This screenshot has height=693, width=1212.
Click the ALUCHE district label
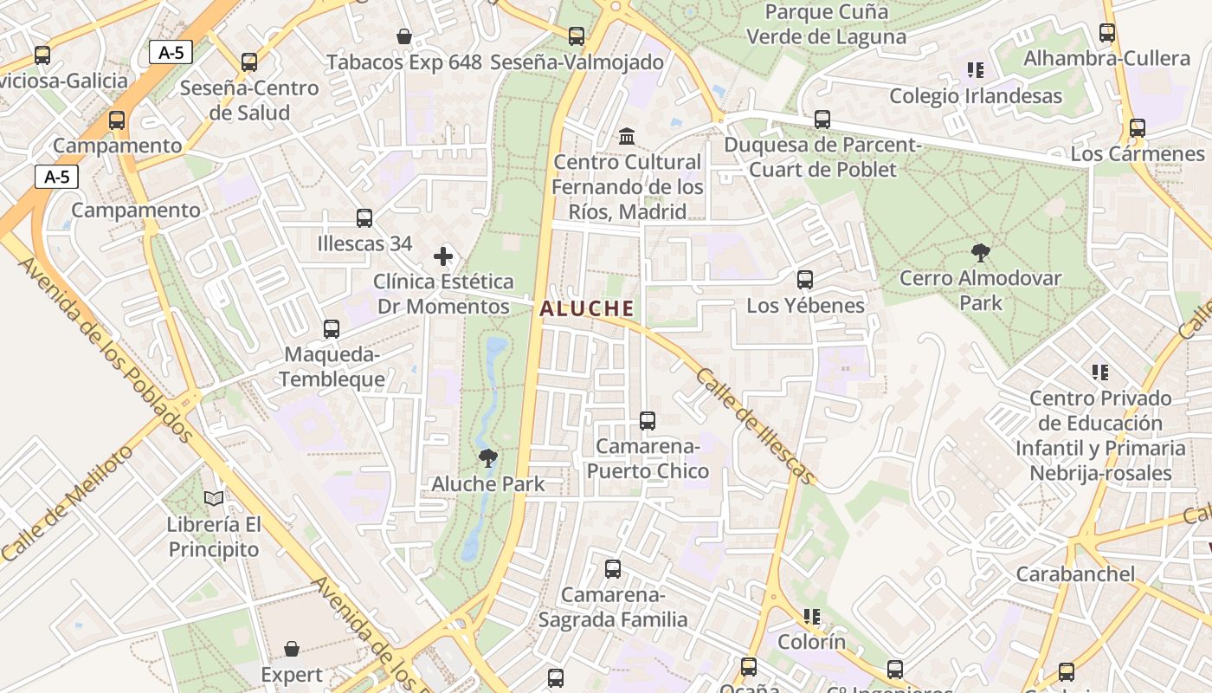tap(587, 308)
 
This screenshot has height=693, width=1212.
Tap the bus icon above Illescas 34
tap(364, 218)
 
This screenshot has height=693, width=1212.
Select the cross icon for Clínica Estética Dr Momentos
tap(443, 256)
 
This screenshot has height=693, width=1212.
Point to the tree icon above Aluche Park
tap(488, 458)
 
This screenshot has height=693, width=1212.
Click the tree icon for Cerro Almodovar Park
tap(981, 253)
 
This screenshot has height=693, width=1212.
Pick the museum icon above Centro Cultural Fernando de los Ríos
tap(627, 137)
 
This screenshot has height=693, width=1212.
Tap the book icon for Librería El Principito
tap(214, 498)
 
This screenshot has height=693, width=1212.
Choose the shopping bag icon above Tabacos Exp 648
tap(404, 36)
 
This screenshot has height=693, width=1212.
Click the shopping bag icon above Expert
tap(292, 649)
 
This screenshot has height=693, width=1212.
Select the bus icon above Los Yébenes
tap(805, 280)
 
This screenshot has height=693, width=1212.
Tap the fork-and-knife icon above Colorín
tap(811, 617)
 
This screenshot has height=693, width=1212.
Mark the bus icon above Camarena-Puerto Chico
tap(648, 421)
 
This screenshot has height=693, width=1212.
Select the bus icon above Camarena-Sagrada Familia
tap(613, 569)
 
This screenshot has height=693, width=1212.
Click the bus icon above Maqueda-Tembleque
tap(332, 329)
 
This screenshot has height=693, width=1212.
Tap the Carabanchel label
tap(1075, 573)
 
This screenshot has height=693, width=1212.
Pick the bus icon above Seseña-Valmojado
tap(577, 36)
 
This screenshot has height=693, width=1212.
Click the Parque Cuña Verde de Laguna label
tap(826, 24)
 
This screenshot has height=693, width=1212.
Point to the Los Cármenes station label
tap(1138, 153)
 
